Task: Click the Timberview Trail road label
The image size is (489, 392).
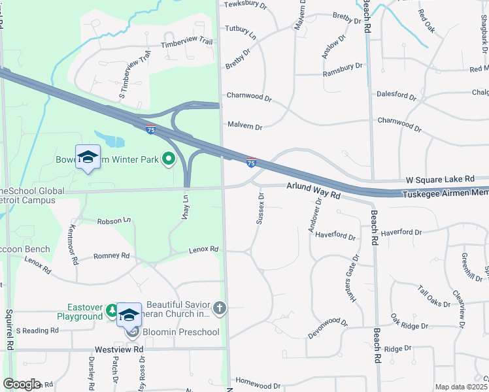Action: tap(186, 42)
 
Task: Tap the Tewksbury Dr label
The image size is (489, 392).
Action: tap(246, 5)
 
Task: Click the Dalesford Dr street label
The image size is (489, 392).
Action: tap(396, 95)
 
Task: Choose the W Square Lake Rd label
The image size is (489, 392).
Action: tap(439, 179)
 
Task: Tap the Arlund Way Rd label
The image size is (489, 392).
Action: tap(314, 190)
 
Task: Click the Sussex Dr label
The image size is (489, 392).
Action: tap(260, 208)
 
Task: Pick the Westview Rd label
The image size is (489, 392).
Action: tap(118, 350)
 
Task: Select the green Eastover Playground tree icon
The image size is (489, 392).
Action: tap(112, 310)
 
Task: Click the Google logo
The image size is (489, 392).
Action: tap(22, 384)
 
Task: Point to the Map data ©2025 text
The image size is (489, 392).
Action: tap(462, 387)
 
